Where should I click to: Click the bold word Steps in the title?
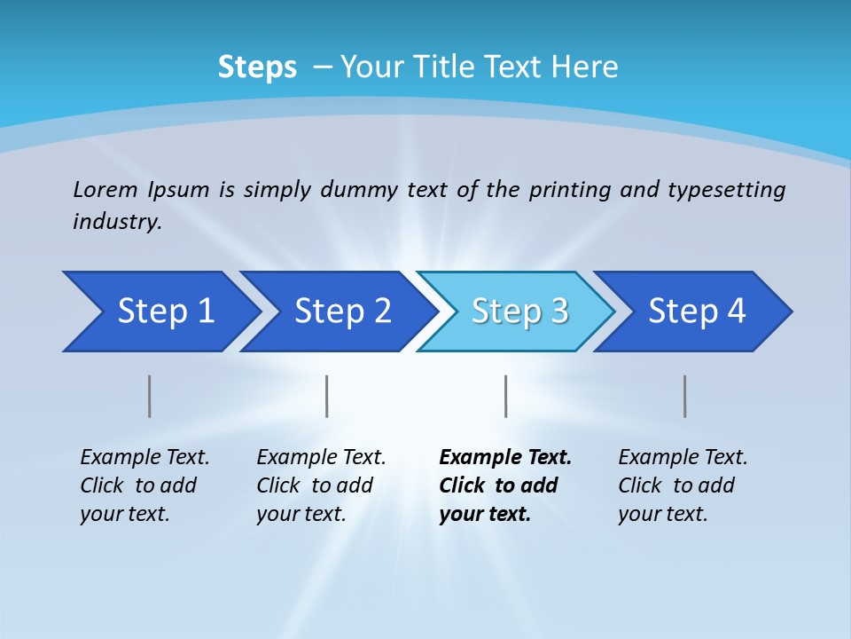click(x=257, y=67)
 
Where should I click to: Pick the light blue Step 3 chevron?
click(x=517, y=312)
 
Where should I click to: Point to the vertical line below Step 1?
click(x=150, y=396)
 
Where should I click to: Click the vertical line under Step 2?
click(x=327, y=396)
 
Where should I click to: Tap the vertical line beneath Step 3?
click(x=505, y=396)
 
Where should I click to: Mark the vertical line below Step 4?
click(x=684, y=396)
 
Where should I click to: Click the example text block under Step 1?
click(x=144, y=485)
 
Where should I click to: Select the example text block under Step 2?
click(x=321, y=485)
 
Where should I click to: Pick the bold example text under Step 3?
click(x=505, y=485)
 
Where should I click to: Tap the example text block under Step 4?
click(x=683, y=485)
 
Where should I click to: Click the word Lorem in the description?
click(x=105, y=189)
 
